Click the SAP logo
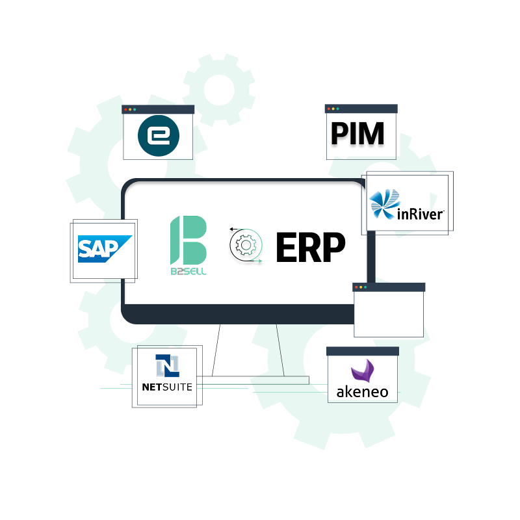pyautogui.click(x=105, y=248)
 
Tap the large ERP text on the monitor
pyautogui.click(x=310, y=248)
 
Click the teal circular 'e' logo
pyautogui.click(x=159, y=136)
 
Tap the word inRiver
pyautogui.click(x=420, y=213)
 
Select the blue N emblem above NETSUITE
pyautogui.click(x=167, y=366)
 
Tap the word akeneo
pyautogui.click(x=362, y=392)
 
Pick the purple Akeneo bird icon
pyautogui.click(x=361, y=371)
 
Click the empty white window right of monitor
pyautogui.click(x=389, y=313)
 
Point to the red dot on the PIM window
pyautogui.click(x=329, y=109)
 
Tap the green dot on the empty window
pyautogui.click(x=366, y=287)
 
